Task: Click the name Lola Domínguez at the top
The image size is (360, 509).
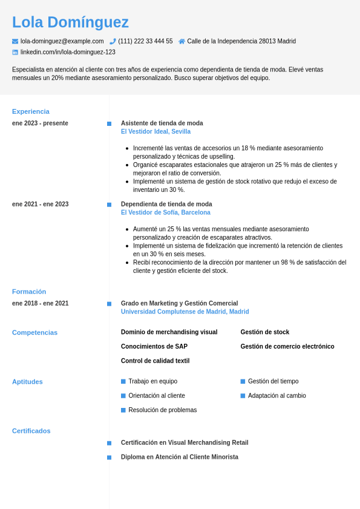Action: pos(70,22)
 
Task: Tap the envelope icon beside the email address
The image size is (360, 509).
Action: pos(15,41)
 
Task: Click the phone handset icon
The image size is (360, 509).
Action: pos(113,41)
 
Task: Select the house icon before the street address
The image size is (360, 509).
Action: pos(182,41)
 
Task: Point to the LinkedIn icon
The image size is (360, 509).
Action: pos(15,52)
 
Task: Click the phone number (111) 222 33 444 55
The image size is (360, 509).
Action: pos(145,41)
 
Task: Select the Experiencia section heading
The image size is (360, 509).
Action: pos(31,111)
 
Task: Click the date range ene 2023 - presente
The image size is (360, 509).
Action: pos(40,123)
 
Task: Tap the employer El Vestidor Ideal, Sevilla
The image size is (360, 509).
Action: pos(155,131)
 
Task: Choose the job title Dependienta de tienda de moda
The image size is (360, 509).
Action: pos(166,204)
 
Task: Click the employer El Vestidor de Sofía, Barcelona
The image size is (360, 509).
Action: pos(165,212)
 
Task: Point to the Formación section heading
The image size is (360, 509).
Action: pos(29,292)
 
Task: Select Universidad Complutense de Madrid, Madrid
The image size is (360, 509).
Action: pos(185,312)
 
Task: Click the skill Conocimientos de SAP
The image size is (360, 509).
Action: pos(154,346)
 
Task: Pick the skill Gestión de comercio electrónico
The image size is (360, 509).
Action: pos(287,346)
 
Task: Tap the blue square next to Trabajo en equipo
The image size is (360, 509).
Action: pos(123,381)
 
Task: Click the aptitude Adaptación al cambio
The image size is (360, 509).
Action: pos(277,396)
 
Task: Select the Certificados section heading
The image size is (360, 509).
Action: pos(31,431)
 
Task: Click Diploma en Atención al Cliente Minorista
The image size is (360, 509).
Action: pos(180,457)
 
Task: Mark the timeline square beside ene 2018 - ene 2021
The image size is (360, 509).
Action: pos(109,304)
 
